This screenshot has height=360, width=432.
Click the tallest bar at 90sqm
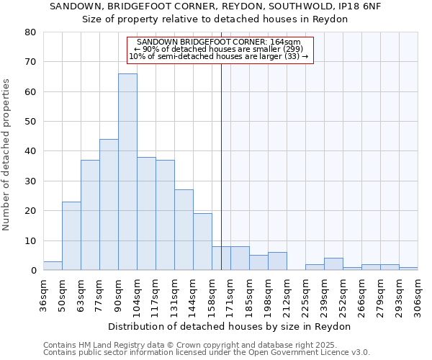coord(127,172)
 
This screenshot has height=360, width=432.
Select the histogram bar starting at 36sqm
coord(53,266)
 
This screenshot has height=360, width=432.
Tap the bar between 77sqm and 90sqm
coord(109,204)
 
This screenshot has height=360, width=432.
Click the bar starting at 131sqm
coord(184,230)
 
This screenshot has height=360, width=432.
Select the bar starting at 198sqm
coord(277,261)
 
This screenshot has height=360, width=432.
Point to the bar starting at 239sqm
coord(333,264)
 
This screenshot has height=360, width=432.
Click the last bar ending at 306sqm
coord(408,269)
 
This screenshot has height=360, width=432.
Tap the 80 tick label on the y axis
coord(30,32)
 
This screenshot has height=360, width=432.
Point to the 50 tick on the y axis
coord(30,122)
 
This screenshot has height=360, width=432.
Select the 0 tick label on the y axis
coord(33,271)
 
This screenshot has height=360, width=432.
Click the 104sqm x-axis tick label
coord(138,295)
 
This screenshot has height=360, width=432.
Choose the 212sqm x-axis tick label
coord(287,295)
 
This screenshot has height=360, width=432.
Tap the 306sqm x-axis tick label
coord(418,295)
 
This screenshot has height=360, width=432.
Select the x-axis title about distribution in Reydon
coord(230,326)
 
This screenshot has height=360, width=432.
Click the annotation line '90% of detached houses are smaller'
coord(220,49)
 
